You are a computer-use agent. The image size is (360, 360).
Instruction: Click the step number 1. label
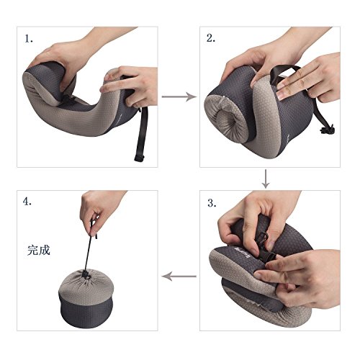[x=29, y=39]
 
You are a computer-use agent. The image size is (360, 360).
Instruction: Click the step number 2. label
[x=211, y=38]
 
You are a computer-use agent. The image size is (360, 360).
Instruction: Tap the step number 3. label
[x=212, y=203]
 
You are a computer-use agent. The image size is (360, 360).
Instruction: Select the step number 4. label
[x=27, y=202]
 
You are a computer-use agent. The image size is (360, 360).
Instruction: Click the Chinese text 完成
[x=39, y=250]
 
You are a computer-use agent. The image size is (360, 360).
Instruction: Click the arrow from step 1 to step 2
[x=179, y=96]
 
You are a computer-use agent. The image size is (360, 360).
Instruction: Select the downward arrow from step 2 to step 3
[x=266, y=179]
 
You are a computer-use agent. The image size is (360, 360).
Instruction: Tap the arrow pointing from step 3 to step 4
[x=179, y=276]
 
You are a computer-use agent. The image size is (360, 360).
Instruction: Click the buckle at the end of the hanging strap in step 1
[x=140, y=158]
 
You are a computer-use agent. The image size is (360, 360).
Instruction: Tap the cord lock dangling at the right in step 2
[x=327, y=129]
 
